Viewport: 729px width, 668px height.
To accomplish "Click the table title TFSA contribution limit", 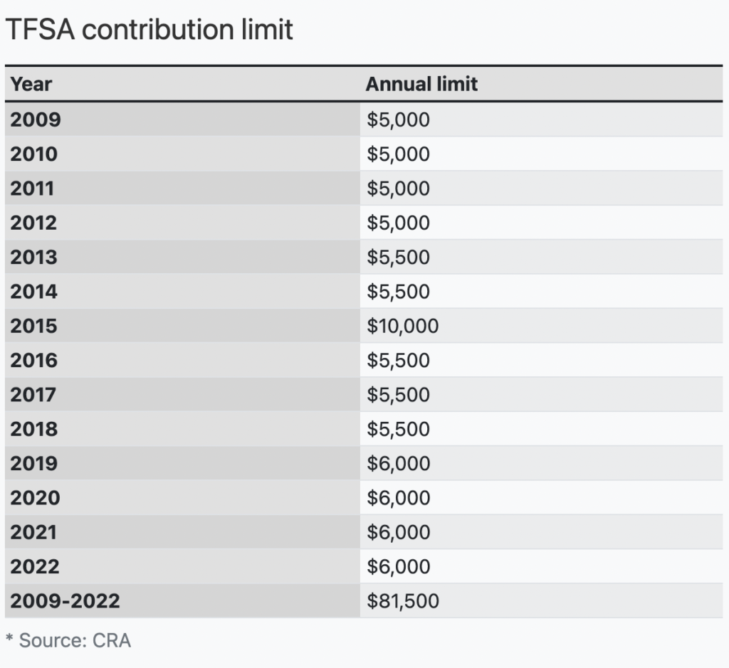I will point(149,29).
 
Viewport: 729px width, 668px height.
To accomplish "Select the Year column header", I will point(31,84).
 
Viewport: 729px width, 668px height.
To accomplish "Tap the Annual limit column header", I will point(421,84).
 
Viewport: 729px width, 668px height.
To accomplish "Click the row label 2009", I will point(36,119).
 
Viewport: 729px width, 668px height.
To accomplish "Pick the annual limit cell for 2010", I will point(399,154).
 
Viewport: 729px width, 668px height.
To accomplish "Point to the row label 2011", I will point(32,188).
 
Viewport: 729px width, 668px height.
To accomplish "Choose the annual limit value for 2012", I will point(399,223).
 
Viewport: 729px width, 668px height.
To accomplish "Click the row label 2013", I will point(33,257).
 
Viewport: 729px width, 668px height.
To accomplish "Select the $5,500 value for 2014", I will point(399,292).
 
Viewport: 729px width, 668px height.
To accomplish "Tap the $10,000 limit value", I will point(403,326).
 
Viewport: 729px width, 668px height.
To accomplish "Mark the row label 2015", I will point(33,326).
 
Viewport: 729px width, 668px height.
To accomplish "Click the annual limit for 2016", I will point(399,360).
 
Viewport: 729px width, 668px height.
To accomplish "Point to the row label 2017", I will point(33,394).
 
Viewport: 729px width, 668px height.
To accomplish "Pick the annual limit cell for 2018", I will point(399,429).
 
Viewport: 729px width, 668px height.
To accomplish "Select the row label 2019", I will point(33,463).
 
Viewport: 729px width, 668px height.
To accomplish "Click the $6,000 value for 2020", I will point(399,497).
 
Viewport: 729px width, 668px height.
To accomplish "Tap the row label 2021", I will point(33,532).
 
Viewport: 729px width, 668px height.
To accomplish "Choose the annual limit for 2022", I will point(399,566).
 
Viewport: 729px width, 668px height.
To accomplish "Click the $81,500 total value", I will point(403,601).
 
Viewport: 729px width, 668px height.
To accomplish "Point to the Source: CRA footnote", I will point(68,640).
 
